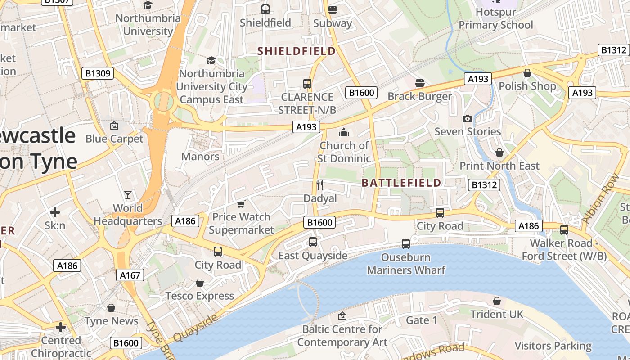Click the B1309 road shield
pyautogui.click(x=98, y=73)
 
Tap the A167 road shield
pyautogui.click(x=130, y=275)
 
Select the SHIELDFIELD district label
pyautogui.click(x=297, y=51)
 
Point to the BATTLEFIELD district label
pyautogui.click(x=401, y=183)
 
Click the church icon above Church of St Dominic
pyautogui.click(x=344, y=132)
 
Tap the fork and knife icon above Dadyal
pyautogui.click(x=320, y=185)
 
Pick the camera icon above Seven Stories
pyautogui.click(x=468, y=118)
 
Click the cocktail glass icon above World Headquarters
pyautogui.click(x=128, y=195)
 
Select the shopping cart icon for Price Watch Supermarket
pyautogui.click(x=241, y=204)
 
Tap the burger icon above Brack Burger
pyautogui.click(x=420, y=83)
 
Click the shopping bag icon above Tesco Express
pyautogui.click(x=200, y=283)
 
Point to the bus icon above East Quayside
pyautogui.click(x=313, y=242)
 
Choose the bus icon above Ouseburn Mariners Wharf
pyautogui.click(x=406, y=244)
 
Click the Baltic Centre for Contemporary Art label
pyautogui.click(x=342, y=336)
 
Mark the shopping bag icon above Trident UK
pyautogui.click(x=497, y=301)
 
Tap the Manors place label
pyautogui.click(x=200, y=157)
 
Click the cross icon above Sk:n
pyautogui.click(x=55, y=212)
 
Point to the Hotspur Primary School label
pyautogui.click(x=495, y=18)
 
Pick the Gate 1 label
pyautogui.click(x=422, y=320)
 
